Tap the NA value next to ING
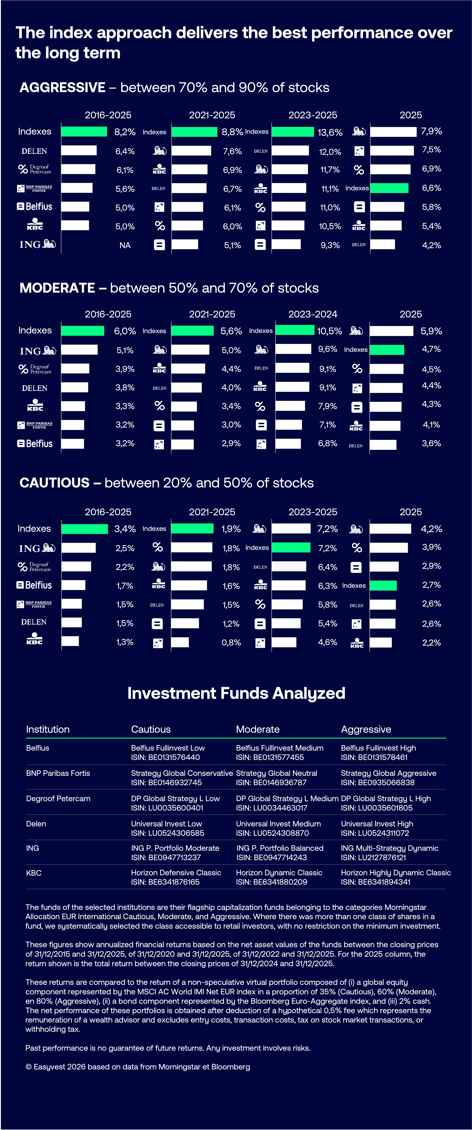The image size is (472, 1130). click(125, 245)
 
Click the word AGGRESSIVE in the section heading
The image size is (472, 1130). click(62, 88)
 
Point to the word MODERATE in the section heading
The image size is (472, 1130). click(57, 288)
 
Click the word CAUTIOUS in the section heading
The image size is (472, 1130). click(54, 483)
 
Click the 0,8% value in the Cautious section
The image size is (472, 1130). click(231, 643)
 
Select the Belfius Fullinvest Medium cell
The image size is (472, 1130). click(279, 748)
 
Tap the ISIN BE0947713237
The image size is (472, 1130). click(166, 857)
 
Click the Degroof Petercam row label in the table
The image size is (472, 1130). click(58, 798)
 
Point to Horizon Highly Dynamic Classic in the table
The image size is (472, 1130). click(396, 872)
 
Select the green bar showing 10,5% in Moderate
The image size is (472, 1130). click(295, 330)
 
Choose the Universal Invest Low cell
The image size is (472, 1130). click(166, 824)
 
